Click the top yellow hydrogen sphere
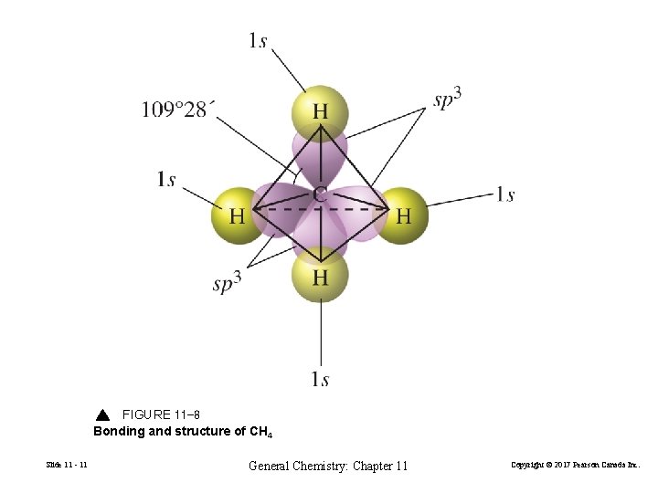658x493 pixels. tap(320, 113)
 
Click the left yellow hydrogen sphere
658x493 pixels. tap(238, 215)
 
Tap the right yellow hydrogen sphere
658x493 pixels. tap(402, 215)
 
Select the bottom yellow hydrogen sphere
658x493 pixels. tap(320, 277)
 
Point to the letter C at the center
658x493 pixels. tap(320, 194)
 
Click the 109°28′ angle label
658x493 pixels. tap(178, 110)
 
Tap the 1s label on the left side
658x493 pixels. tap(165, 180)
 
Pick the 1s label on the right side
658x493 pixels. tap(504, 194)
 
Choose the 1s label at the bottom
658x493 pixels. tap(320, 379)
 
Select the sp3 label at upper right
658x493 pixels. tap(447, 99)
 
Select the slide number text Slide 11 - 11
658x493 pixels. tap(67, 466)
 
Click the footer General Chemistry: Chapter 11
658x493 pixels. tap(328, 466)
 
